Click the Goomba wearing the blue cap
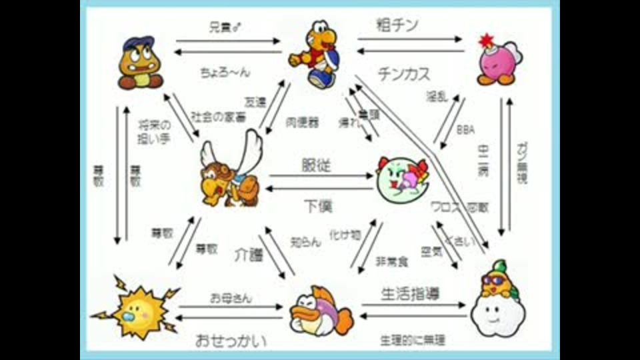click(141, 63)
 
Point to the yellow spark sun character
click(136, 307)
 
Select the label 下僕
click(318, 205)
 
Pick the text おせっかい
click(231, 341)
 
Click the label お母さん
click(231, 298)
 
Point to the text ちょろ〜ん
click(225, 71)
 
